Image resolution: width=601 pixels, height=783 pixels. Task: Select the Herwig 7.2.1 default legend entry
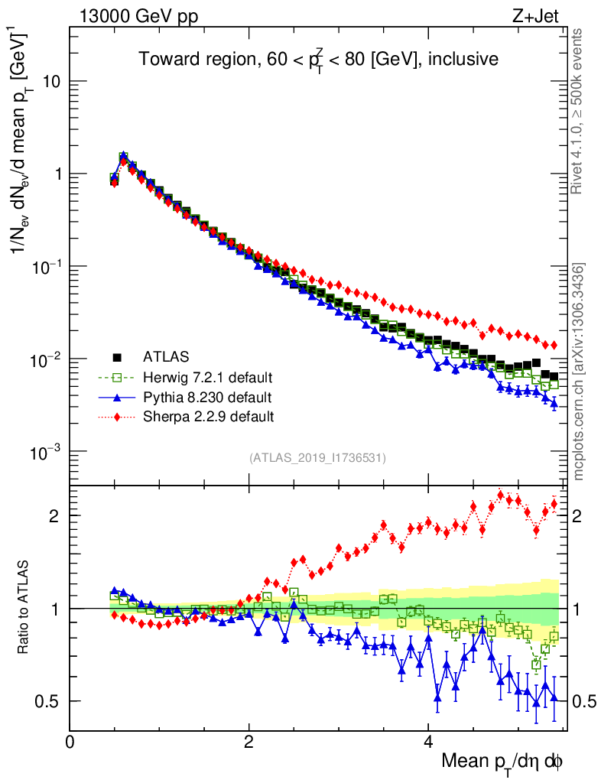click(x=207, y=377)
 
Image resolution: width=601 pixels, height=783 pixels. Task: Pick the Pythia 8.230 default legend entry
click(x=206, y=397)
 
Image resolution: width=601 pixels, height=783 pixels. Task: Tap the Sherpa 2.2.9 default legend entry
click(x=208, y=417)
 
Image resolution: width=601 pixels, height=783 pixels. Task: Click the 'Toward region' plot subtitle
click(x=318, y=60)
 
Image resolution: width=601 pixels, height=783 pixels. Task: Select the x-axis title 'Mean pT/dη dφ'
click(x=502, y=761)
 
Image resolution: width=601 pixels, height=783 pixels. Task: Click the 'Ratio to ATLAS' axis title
click(x=25, y=608)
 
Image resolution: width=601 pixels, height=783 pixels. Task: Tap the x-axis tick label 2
click(x=249, y=741)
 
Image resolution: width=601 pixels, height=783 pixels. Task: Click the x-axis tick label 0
click(x=70, y=741)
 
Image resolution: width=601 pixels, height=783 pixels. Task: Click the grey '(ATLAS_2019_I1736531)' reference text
click(x=317, y=458)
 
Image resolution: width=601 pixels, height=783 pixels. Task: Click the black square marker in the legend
click(x=118, y=356)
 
